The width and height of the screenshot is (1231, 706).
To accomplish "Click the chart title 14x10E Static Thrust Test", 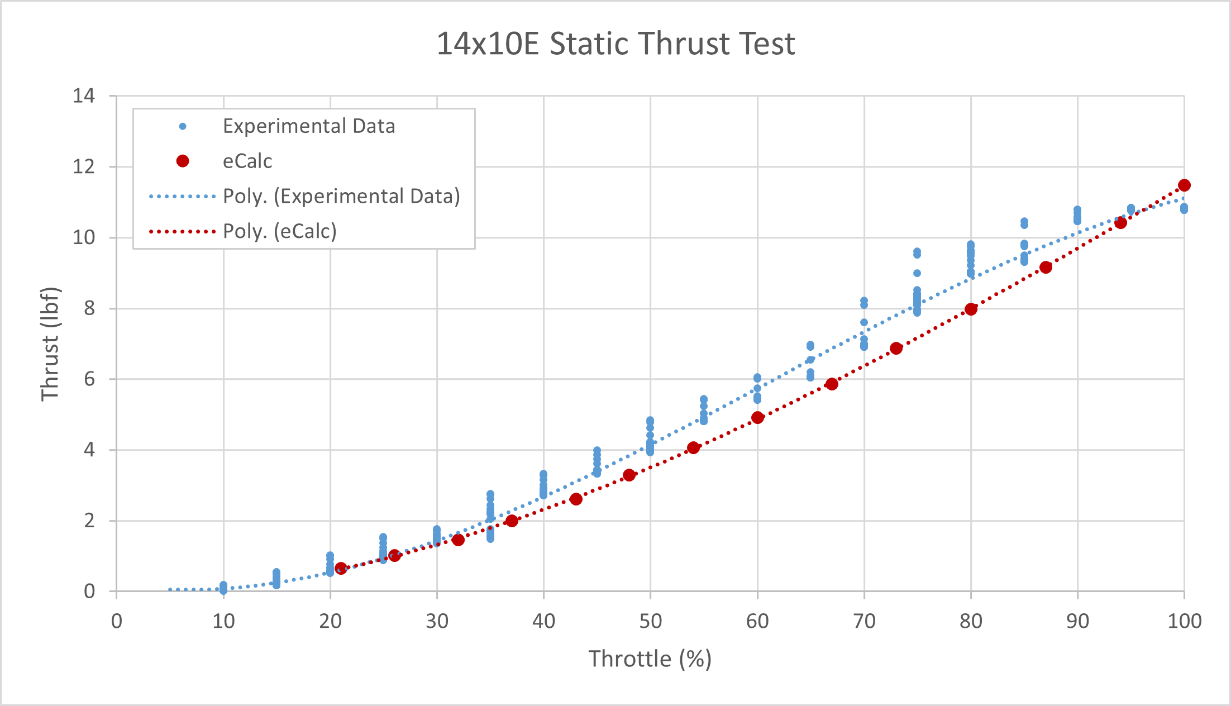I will [x=615, y=44].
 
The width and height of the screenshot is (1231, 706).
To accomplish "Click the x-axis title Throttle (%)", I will [x=650, y=659].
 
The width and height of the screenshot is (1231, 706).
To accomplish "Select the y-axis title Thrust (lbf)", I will [x=50, y=344].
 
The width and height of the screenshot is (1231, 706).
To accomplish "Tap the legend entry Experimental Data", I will [x=308, y=126].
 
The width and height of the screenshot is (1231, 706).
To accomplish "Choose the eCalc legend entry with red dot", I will [x=247, y=161].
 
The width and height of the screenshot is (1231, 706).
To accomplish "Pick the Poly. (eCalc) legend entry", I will [x=279, y=231].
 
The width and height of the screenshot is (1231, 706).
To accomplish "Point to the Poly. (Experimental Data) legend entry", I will [x=341, y=197].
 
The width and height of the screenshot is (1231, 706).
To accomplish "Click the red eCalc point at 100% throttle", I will [x=1184, y=185].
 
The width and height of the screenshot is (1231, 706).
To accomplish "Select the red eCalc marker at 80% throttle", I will [x=971, y=309].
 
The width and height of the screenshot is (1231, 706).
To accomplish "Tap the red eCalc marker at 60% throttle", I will [x=757, y=417].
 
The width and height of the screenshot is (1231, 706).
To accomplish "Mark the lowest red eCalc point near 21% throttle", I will [x=341, y=568].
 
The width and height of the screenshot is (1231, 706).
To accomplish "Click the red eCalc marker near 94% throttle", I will [x=1120, y=223].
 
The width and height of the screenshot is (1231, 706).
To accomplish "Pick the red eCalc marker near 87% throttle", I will [x=1046, y=267].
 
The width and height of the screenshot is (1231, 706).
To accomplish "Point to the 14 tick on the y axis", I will [x=84, y=96].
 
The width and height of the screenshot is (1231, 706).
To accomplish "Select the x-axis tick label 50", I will [x=650, y=621].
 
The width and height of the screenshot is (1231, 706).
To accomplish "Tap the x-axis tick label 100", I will [x=1184, y=621].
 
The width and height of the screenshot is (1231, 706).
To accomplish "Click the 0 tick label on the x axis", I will [x=116, y=621].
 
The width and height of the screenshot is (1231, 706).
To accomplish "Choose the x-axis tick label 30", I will [x=437, y=621].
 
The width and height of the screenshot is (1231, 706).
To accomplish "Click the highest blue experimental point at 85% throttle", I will [x=1024, y=222].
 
